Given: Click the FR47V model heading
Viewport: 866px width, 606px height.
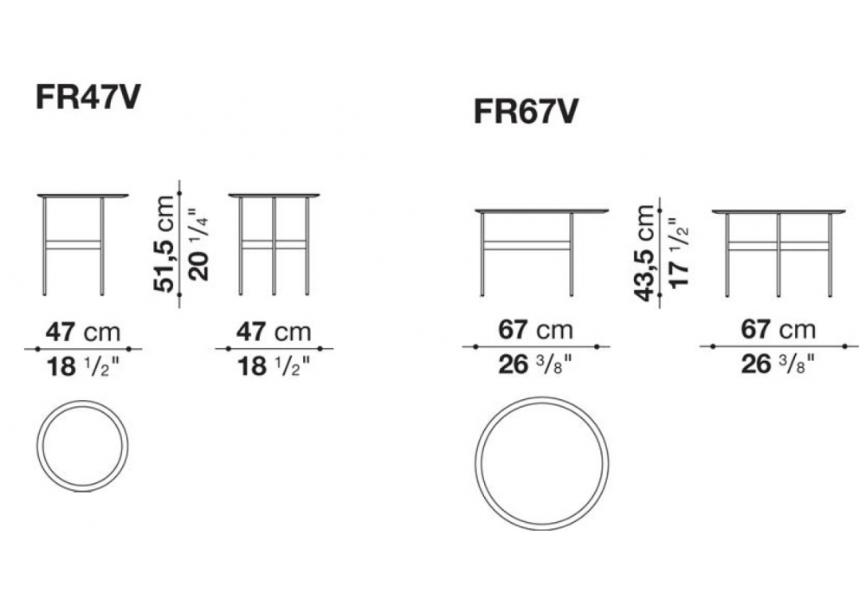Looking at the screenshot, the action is point(87,97).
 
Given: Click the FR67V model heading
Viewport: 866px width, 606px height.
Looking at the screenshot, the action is point(526,112).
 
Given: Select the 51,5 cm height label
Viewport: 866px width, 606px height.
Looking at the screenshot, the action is point(165,243).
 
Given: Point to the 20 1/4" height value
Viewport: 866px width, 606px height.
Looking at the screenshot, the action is point(198,244).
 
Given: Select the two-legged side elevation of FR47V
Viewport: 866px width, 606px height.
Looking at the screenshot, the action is point(83,244).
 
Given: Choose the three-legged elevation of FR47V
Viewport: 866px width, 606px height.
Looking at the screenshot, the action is point(274,244).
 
